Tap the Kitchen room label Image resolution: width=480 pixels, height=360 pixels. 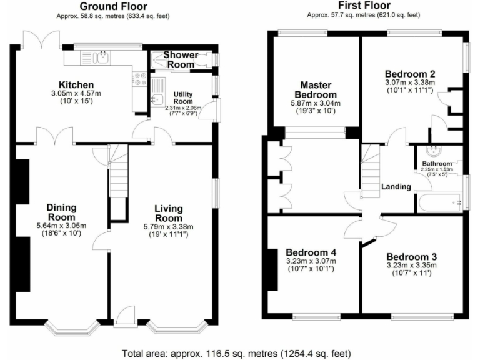point(76,85)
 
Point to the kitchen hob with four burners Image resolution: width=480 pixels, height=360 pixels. point(137,79)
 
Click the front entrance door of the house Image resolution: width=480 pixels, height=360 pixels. point(125,316)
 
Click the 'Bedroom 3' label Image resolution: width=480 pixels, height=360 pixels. point(411,256)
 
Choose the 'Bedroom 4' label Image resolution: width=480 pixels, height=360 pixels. point(311,252)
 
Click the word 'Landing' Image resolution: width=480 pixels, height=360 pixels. point(396,186)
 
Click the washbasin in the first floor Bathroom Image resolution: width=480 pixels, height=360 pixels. point(433,151)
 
